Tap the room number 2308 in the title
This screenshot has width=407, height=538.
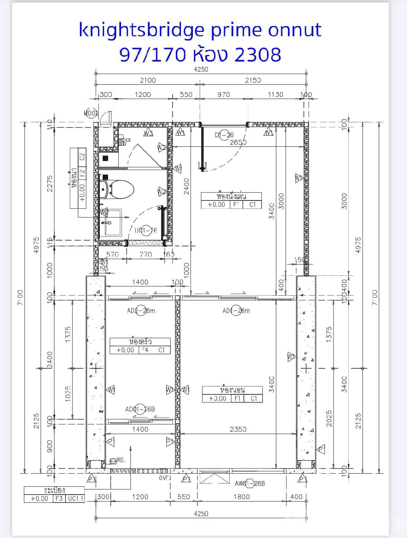click(x=258, y=55)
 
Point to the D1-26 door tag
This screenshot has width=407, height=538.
click(x=224, y=135)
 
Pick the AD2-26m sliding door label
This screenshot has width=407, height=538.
click(x=141, y=310)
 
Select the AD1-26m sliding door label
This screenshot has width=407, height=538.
click(x=236, y=310)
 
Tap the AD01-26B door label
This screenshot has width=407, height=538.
click(x=140, y=409)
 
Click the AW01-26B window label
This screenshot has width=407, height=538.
click(x=250, y=483)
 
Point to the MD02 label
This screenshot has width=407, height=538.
click(x=91, y=113)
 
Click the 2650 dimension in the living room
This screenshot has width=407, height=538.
click(x=238, y=142)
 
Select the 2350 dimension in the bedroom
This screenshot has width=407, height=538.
click(x=238, y=429)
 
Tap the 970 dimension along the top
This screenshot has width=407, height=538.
click(x=224, y=94)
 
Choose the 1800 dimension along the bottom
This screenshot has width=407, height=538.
click(x=241, y=496)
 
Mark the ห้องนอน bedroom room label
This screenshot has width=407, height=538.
click(x=232, y=390)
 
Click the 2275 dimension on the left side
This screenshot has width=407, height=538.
click(x=50, y=183)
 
